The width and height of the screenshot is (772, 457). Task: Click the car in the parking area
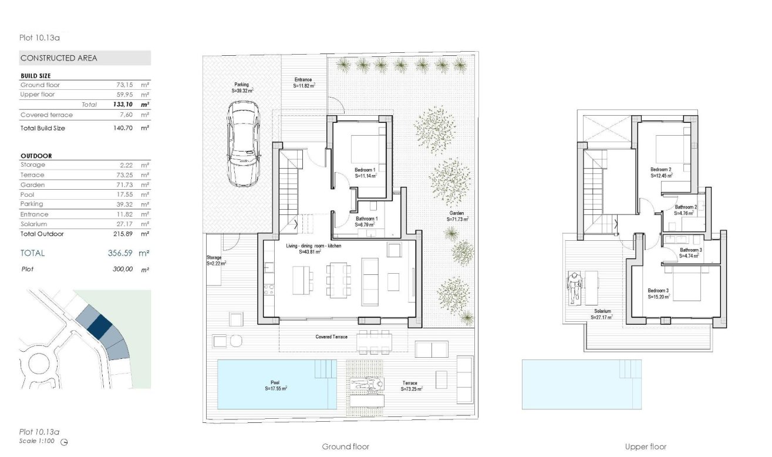pos(244,143)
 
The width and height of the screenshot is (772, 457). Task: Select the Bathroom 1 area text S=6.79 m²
pos(366,224)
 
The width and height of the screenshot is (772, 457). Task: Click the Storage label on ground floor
pos(214,257)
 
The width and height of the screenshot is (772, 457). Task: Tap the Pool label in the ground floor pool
pos(275,382)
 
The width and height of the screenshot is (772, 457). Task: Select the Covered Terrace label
pos(331,337)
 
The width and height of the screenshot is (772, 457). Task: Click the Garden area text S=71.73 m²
pos(457,219)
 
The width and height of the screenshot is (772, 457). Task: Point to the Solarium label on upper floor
pos(602,311)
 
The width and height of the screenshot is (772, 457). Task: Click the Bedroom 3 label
pos(658,291)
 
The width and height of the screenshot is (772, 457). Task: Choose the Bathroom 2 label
pos(685,207)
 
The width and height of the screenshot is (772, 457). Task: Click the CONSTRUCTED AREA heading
pos(59,58)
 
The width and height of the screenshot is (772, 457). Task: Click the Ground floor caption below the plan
pos(346,446)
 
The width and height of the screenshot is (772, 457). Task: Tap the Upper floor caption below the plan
pos(646,446)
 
